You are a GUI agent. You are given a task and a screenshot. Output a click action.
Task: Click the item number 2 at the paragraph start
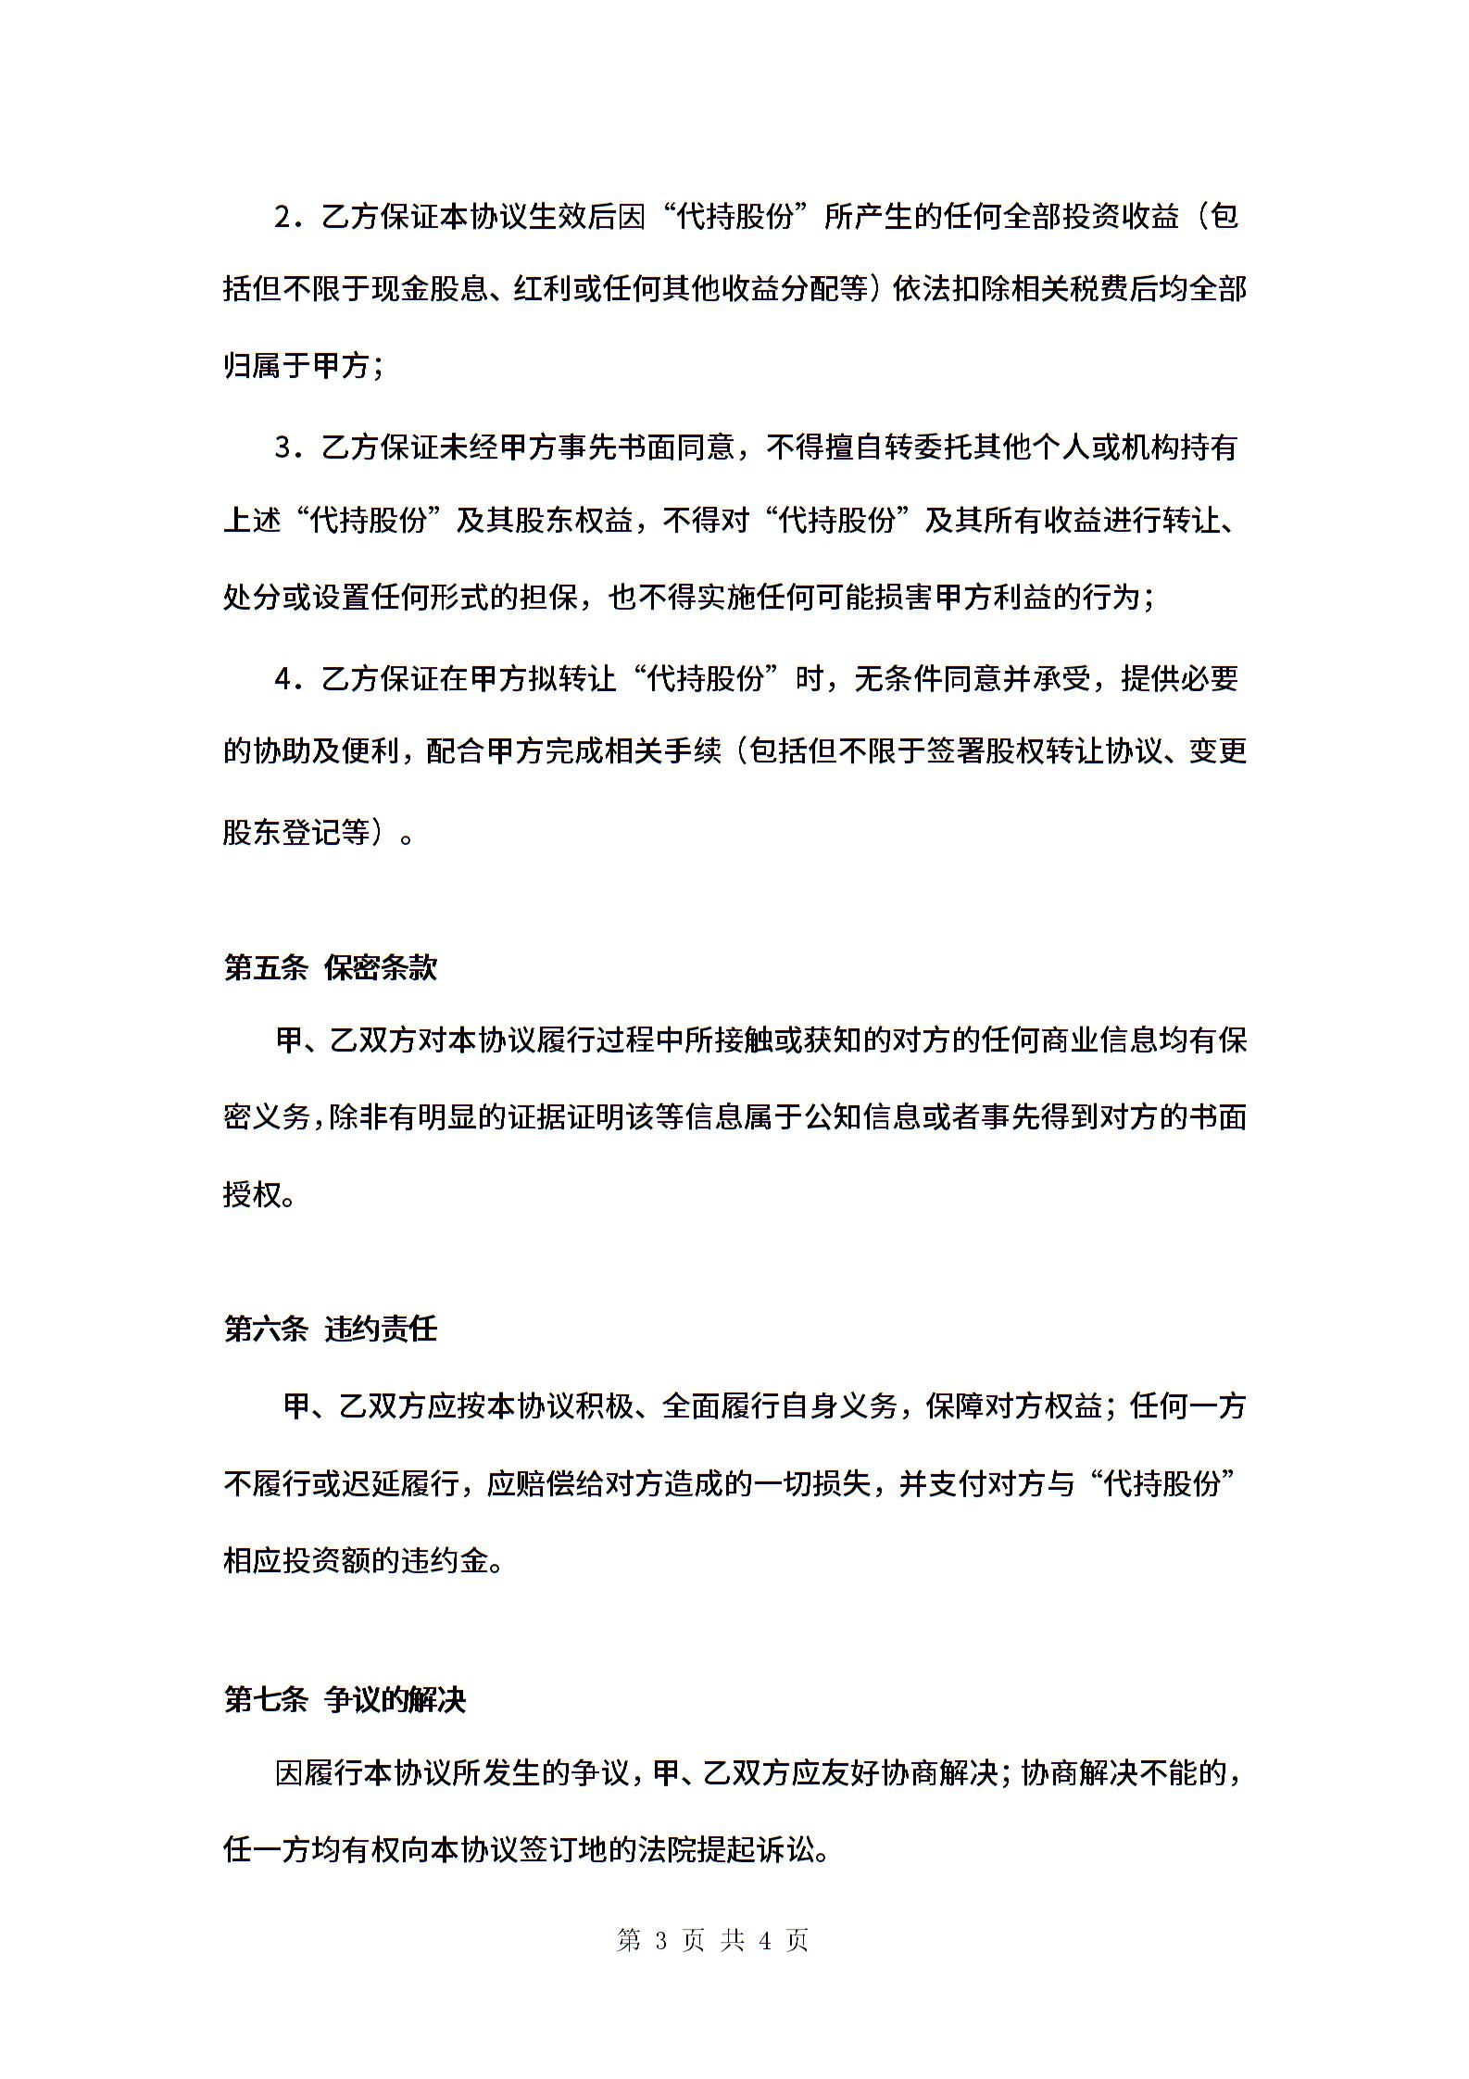coord(282,218)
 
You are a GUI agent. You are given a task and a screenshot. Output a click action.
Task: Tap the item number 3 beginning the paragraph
coord(282,448)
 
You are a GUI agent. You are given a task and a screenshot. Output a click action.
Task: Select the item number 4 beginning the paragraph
coord(282,679)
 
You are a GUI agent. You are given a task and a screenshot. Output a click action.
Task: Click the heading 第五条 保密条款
coord(330,967)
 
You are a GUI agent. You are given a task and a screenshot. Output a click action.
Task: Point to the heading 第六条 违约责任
coord(330,1329)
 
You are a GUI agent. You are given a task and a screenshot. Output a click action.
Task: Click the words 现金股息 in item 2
coord(430,291)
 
